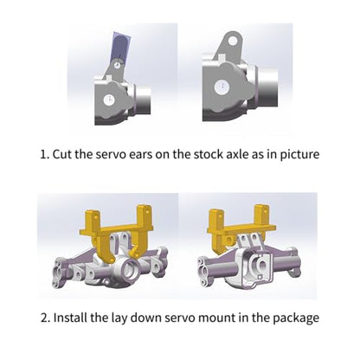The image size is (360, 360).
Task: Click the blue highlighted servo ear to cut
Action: pos(120,46)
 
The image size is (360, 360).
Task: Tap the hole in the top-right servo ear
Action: pos(233,41)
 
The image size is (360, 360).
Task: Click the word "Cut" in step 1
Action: pos(62,154)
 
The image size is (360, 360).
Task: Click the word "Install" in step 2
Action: pos(70,318)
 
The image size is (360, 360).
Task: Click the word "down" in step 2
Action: pos(145,318)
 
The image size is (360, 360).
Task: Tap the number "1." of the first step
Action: pos(44,154)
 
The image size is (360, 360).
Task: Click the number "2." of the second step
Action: pos(46,318)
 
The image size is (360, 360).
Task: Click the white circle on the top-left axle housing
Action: pos(109,100)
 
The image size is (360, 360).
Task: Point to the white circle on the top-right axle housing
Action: pos(222,87)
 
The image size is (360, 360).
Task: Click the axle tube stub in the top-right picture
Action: pos(267,86)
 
